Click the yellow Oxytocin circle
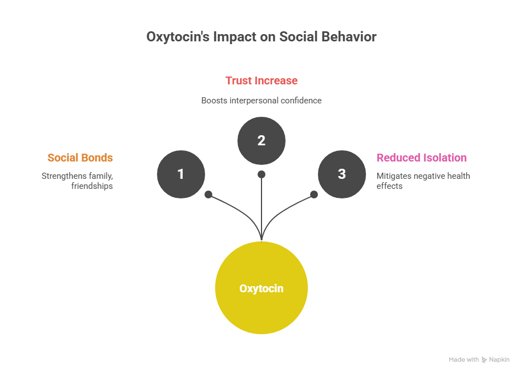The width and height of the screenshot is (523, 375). [261, 288]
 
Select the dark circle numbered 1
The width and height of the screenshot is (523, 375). [181, 174]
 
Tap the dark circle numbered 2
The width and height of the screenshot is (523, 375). [261, 141]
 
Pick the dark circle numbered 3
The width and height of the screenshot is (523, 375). [342, 174]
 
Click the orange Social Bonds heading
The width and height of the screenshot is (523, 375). [80, 158]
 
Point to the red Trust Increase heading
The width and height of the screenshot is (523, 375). [261, 80]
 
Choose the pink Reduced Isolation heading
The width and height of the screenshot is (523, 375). [422, 158]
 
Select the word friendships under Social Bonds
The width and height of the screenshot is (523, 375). [92, 186]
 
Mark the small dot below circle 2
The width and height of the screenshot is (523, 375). [261, 174]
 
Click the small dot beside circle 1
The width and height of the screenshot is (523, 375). [208, 194]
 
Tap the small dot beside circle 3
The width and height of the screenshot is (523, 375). [314, 194]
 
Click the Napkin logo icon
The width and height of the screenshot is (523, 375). [484, 360]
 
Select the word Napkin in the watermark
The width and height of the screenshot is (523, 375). [500, 360]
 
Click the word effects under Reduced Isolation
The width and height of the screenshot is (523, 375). [389, 186]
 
